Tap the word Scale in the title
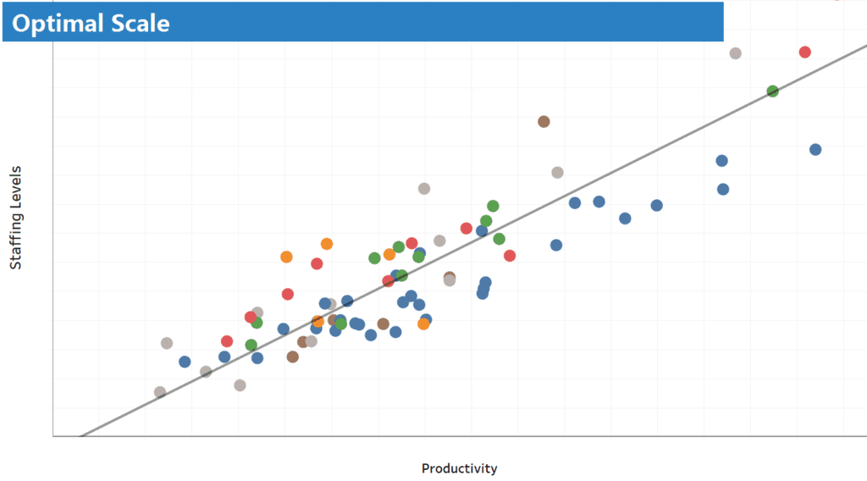[139, 24]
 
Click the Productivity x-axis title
[459, 468]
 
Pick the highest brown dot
[544, 121]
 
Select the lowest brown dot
[292, 357]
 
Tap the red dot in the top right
[804, 52]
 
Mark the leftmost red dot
[227, 341]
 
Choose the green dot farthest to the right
[772, 91]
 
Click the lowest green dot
[251, 345]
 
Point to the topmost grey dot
[735, 53]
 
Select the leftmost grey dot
[160, 392]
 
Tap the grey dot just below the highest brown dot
[557, 172]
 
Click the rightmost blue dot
[815, 149]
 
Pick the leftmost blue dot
[185, 362]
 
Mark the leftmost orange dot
[286, 257]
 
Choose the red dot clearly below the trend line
[510, 255]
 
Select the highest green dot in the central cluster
[493, 206]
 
